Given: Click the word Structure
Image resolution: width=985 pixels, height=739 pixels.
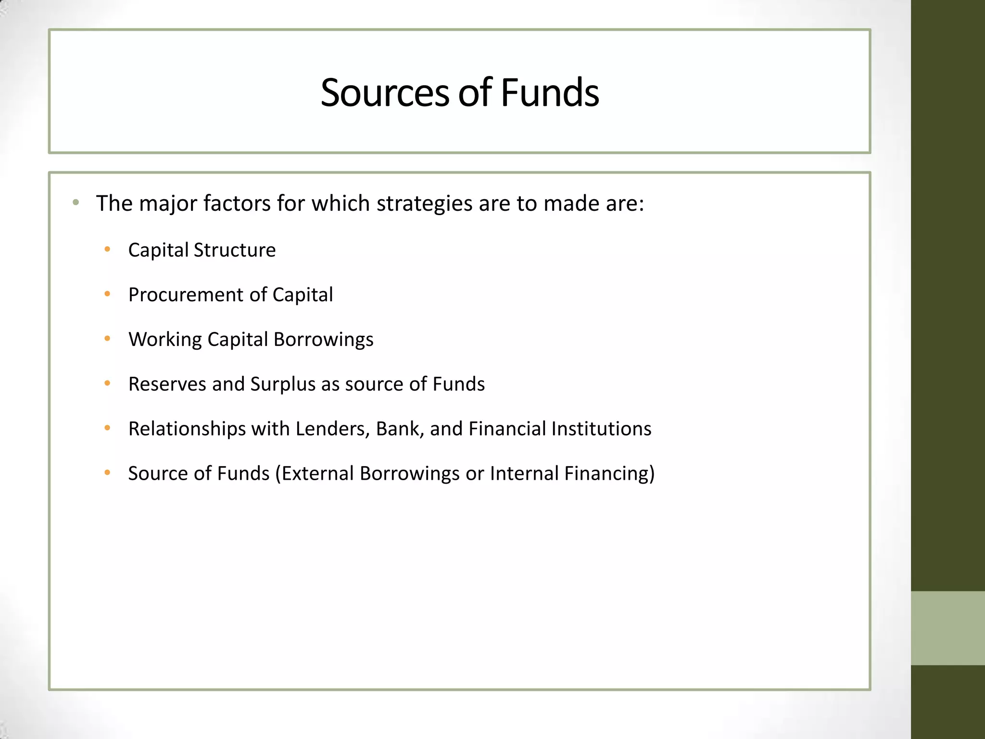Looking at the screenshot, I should coord(235,250).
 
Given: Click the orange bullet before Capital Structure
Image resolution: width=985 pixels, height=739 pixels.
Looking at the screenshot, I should coord(107,249).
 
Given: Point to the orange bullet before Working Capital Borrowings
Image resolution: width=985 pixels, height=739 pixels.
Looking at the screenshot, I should coord(107,339).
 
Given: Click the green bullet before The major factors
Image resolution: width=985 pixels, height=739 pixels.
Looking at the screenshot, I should coord(76,203).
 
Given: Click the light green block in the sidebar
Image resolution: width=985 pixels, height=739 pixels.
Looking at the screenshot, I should coord(947,628).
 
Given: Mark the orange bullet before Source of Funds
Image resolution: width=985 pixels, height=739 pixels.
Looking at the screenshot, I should coord(107,472).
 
